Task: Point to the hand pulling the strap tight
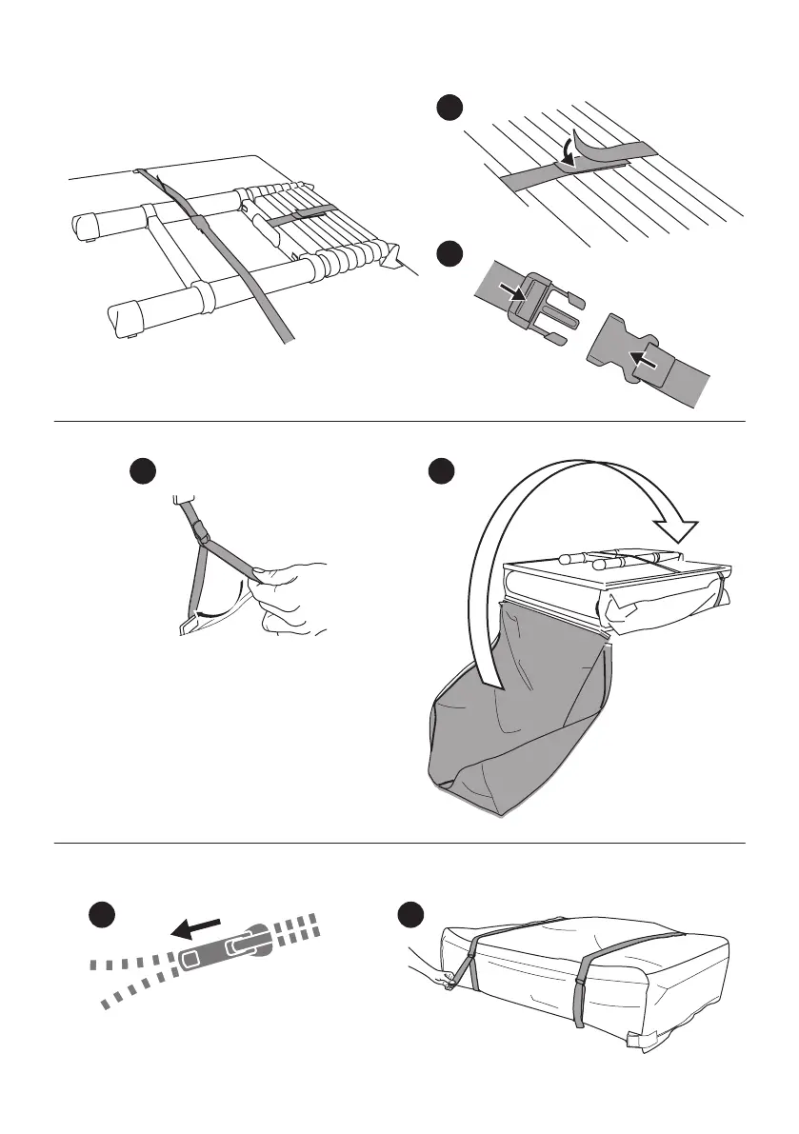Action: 290,595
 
